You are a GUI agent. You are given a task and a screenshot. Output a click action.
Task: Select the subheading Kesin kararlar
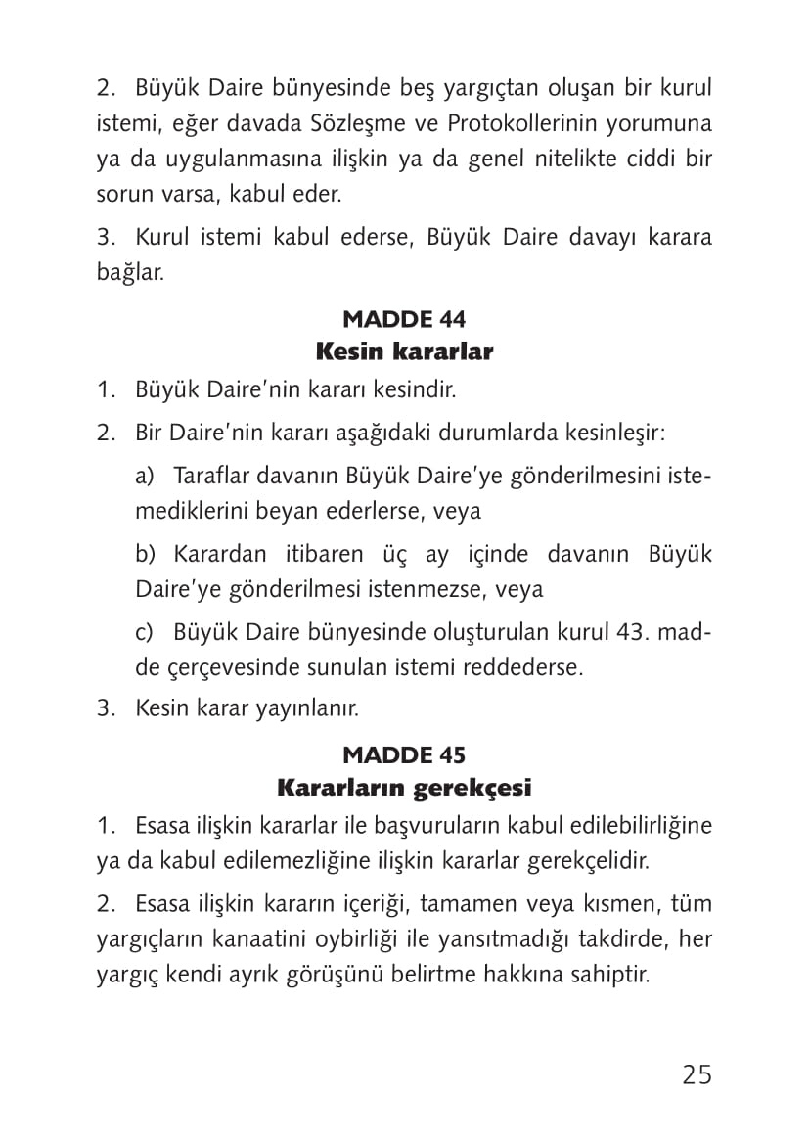coord(404,351)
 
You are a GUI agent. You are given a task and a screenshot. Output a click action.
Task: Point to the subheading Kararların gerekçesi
coord(404,787)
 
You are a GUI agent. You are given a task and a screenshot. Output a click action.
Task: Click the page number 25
coord(697,1073)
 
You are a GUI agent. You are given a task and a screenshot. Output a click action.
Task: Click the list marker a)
coord(146,476)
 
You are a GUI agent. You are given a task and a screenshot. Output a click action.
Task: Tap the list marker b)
coord(146,554)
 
